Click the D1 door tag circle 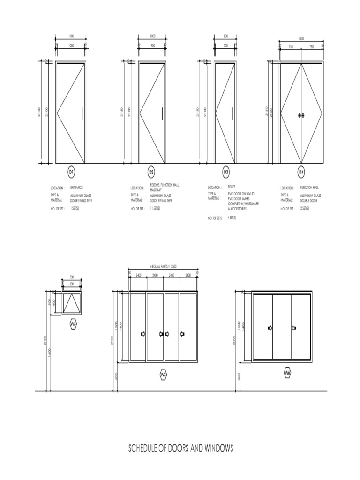coord(72,172)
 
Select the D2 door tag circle coord(151,172)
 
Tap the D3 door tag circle coord(226,172)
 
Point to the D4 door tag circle coord(301,172)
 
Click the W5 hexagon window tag coord(73,324)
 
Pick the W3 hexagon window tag coord(164,374)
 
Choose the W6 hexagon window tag coord(287,373)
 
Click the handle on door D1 coord(82,113)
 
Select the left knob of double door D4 coord(299,115)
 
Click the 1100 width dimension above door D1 coord(71,37)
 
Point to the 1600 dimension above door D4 coord(301,39)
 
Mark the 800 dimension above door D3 coord(225,37)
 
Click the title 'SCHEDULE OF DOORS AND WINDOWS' coord(180,449)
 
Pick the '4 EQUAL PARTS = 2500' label coord(163,266)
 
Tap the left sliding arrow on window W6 coord(270,328)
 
